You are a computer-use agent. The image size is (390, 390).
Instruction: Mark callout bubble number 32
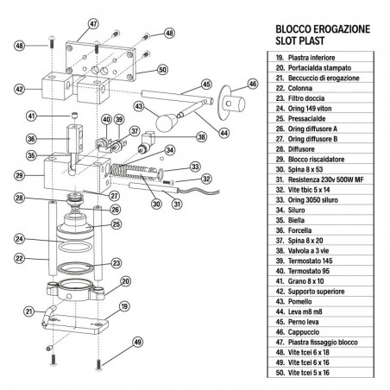click(x=205, y=179)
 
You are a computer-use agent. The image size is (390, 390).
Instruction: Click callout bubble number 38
click(x=201, y=136)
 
